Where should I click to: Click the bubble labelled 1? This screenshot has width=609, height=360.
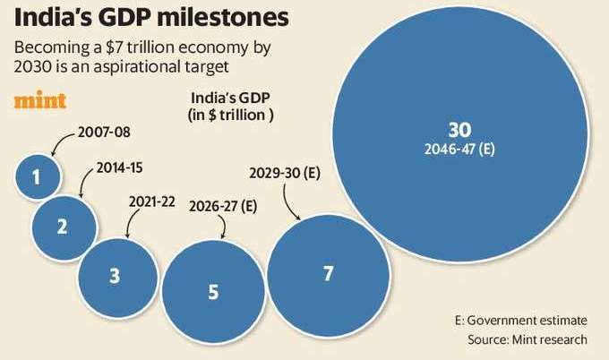(x=38, y=176)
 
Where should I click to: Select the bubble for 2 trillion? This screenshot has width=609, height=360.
(x=63, y=225)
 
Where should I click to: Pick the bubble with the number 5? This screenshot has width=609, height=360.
(x=212, y=290)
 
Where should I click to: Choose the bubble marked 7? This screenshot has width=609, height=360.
(x=328, y=273)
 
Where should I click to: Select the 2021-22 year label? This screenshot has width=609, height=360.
(x=151, y=201)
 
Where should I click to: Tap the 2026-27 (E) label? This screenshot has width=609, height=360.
(x=223, y=206)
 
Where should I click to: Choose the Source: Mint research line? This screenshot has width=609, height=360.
(x=528, y=339)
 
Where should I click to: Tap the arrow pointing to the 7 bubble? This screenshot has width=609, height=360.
(x=292, y=207)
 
